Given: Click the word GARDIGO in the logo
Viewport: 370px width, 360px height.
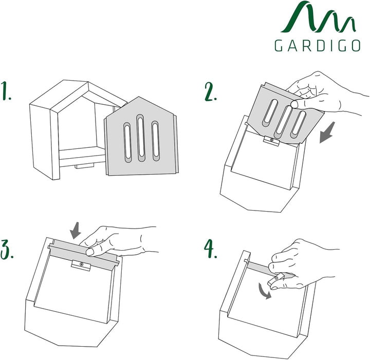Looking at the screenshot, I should point(317,46).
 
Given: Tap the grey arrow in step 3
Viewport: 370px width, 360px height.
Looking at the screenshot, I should point(76,230).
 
